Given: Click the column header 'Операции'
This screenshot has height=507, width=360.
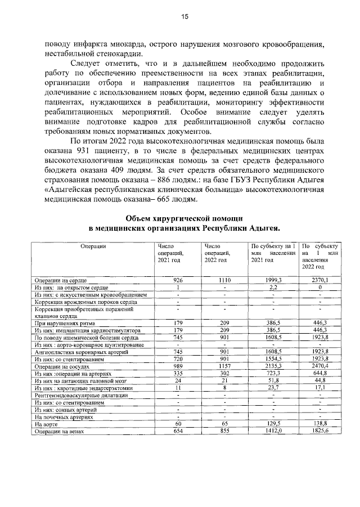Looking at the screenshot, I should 93,246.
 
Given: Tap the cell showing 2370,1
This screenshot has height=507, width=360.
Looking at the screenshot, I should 320,280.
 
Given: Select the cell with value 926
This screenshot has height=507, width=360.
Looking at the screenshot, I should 178,280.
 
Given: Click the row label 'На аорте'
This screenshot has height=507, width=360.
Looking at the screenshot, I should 45,424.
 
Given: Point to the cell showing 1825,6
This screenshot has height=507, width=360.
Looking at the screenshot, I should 320,431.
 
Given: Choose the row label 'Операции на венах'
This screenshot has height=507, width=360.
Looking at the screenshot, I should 59,431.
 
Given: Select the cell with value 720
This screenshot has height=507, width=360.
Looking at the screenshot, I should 178,358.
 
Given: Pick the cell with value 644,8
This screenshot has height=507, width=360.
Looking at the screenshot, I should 320,373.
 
